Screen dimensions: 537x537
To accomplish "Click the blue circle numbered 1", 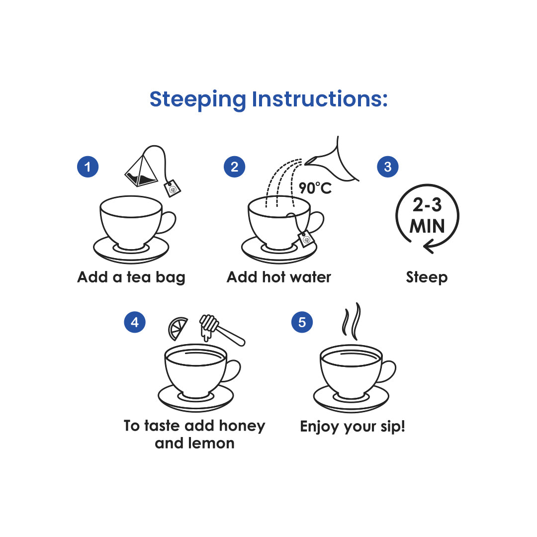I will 88,167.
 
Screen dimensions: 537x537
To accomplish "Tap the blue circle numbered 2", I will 235,167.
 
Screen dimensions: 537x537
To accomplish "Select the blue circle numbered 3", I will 388,167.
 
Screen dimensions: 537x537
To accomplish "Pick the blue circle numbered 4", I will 135,322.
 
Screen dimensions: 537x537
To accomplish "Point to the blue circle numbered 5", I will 302,322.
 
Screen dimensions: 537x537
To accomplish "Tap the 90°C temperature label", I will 315,188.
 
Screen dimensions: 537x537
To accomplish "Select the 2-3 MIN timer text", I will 427,216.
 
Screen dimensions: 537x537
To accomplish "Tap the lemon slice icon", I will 178,328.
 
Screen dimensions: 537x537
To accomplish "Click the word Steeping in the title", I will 198,99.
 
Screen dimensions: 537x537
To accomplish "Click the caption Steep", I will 427,277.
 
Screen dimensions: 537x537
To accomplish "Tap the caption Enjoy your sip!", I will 353,427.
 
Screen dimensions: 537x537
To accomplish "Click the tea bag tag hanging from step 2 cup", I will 307,239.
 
